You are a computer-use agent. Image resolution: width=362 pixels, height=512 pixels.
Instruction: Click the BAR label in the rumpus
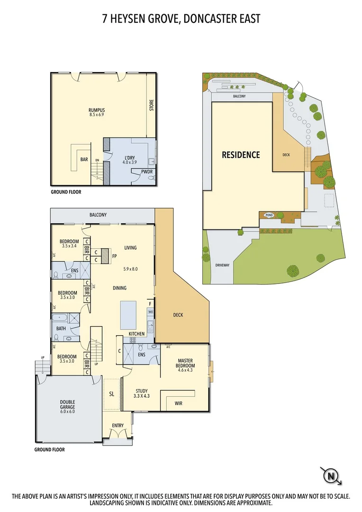coord(84,160)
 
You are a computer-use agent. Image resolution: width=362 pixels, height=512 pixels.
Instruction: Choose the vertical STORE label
coord(152,105)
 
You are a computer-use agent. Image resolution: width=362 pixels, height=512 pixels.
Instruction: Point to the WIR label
coord(178,403)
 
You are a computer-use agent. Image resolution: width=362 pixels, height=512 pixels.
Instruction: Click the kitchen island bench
coord(129,315)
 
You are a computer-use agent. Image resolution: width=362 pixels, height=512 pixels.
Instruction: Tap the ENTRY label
coord(118,425)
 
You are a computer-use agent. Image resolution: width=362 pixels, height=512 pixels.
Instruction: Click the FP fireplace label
coord(114,256)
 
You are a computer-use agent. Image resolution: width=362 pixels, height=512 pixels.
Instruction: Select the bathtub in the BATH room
coord(61,318)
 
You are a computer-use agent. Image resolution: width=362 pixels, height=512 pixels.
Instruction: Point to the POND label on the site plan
coord(269,215)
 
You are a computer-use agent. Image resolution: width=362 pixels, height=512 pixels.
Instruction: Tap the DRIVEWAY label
coord(222,265)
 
